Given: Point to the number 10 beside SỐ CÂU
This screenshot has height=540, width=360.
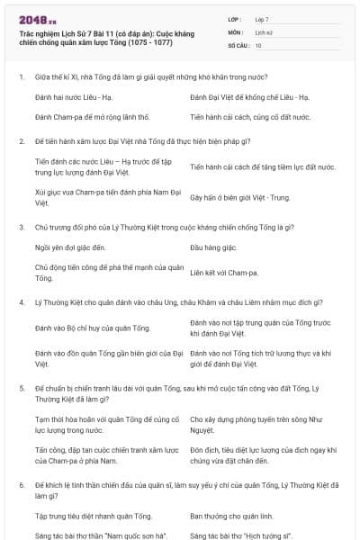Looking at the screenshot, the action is (258, 44).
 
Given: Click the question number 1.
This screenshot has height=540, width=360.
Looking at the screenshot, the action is (22, 76).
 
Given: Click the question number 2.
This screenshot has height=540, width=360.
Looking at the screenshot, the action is (22, 141).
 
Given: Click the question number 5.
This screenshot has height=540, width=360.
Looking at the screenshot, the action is (22, 388).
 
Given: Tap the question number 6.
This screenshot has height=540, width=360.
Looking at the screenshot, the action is (22, 485).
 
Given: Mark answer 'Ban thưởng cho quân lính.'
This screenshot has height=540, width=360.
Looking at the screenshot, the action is (231, 516).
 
